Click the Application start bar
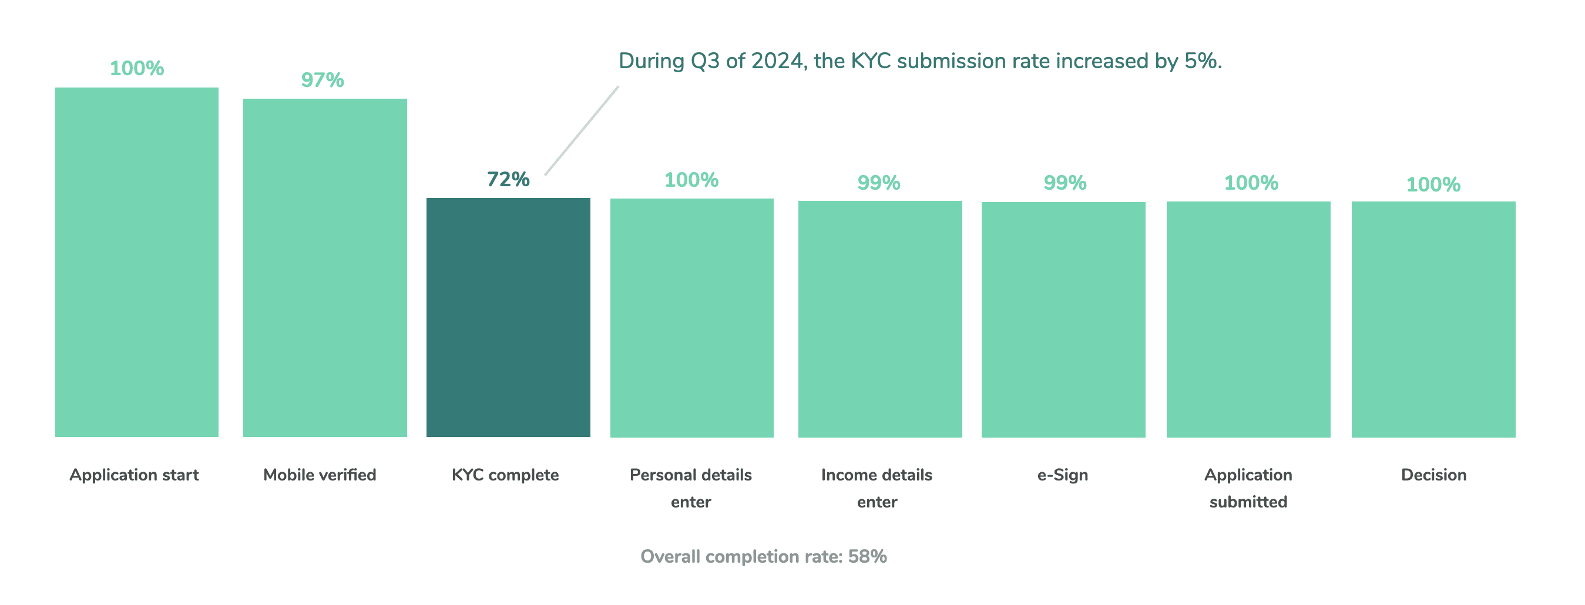(137, 262)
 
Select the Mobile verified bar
(325, 268)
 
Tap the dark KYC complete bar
(508, 318)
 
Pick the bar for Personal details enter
(691, 318)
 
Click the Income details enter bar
(880, 319)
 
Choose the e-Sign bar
(1063, 320)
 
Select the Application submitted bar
(1248, 320)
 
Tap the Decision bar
(1433, 320)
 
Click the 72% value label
(508, 179)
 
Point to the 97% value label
(323, 80)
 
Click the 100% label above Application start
(137, 68)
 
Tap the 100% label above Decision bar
(1433, 184)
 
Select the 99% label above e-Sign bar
(1065, 183)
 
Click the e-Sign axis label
(1063, 475)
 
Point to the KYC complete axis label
(505, 475)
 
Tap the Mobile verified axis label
(320, 475)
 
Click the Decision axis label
(1433, 475)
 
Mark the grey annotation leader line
(582, 130)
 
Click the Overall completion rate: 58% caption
(764, 556)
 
